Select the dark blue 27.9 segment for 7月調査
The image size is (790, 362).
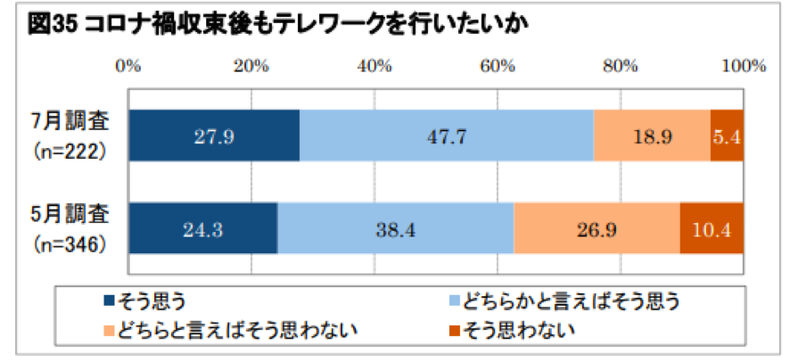[x=214, y=136]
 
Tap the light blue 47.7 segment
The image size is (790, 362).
[x=447, y=136]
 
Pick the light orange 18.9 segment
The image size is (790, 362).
[x=652, y=136]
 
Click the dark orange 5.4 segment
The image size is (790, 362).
[x=728, y=136]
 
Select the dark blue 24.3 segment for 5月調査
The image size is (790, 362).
[x=203, y=229]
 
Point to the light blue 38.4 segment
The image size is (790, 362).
[x=396, y=229]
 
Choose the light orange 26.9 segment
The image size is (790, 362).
[x=597, y=229]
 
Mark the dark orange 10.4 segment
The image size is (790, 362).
[x=712, y=229]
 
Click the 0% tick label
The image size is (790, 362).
[x=129, y=65]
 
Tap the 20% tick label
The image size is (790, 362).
[x=252, y=65]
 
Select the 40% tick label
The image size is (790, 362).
[x=375, y=65]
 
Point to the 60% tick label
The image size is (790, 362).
[x=498, y=65]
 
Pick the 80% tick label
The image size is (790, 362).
[x=621, y=65]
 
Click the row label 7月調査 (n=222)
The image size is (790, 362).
[x=68, y=136]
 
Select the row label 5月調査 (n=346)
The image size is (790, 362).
[x=68, y=227]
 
